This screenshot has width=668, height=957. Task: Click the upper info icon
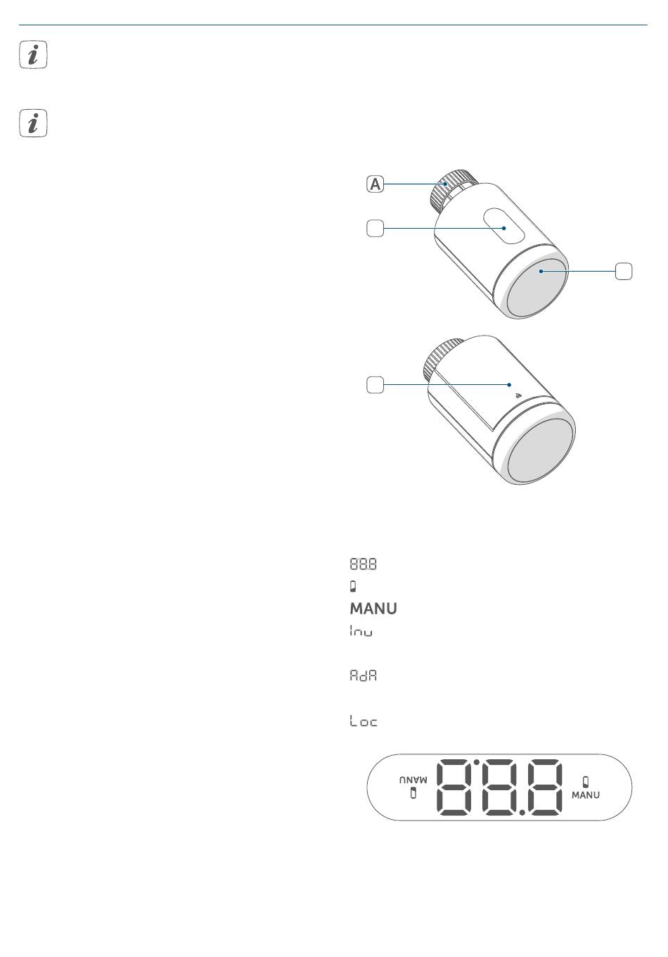(x=33, y=55)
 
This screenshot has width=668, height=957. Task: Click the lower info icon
(x=33, y=123)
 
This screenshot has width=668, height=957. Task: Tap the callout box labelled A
(x=375, y=184)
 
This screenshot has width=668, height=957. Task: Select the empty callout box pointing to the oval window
(x=375, y=228)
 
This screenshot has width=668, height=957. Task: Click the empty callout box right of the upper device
(x=624, y=272)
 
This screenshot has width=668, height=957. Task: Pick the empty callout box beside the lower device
(x=375, y=384)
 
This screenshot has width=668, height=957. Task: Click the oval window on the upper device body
(x=504, y=226)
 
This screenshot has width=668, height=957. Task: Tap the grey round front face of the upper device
(x=537, y=288)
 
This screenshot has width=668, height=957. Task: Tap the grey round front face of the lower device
(x=541, y=451)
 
